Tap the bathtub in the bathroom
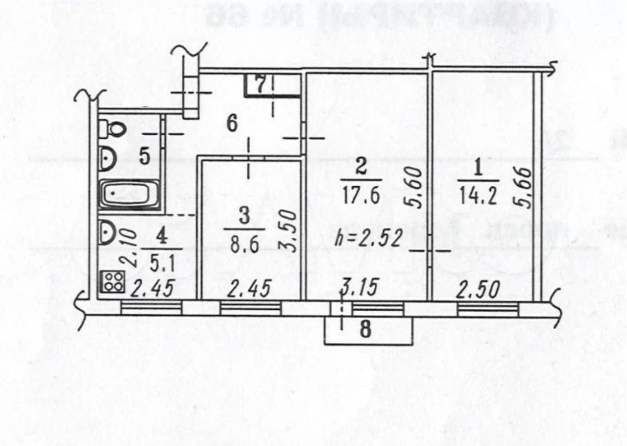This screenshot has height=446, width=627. [x=130, y=195]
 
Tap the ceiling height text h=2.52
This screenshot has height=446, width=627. [x=369, y=238]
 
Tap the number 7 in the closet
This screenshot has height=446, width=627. [x=260, y=85]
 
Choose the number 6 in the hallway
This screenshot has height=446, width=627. [x=232, y=123]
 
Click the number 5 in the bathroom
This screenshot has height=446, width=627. [x=144, y=157]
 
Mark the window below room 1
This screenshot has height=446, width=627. [x=487, y=308]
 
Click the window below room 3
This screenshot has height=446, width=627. [x=250, y=308]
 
